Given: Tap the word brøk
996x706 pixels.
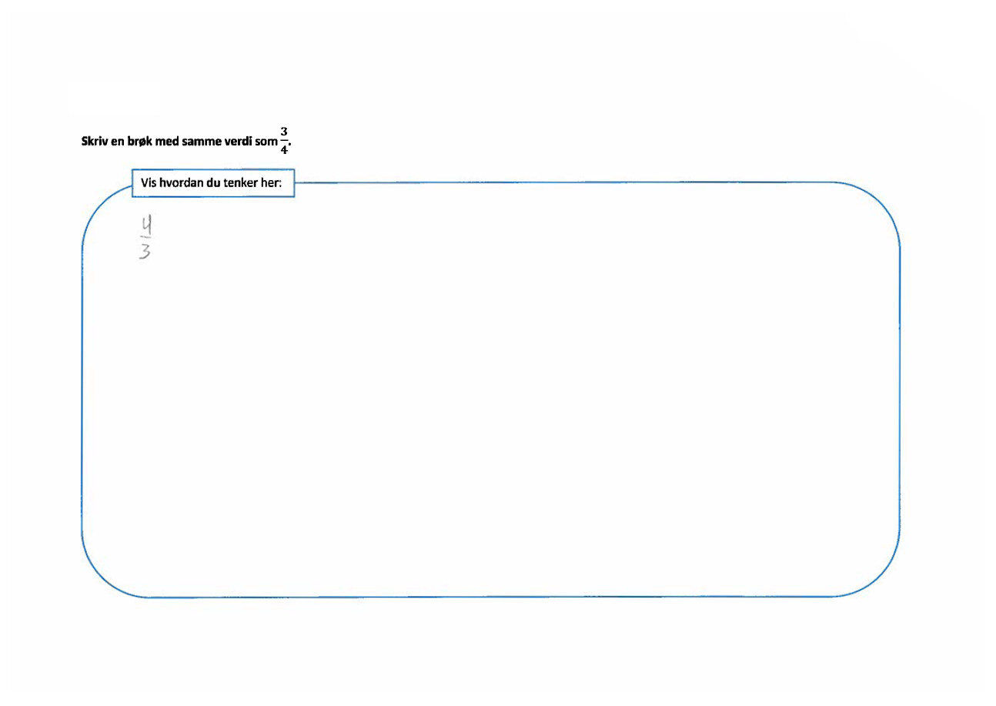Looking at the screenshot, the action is click(139, 141).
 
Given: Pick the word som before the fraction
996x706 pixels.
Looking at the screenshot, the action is click(266, 142).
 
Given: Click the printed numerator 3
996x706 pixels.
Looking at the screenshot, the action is click(284, 132).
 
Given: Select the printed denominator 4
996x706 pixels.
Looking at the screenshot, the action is click(284, 149).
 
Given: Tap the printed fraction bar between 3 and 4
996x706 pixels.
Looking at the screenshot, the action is click(284, 141).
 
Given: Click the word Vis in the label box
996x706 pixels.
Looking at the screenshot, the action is click(149, 182).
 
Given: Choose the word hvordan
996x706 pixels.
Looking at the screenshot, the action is click(181, 182).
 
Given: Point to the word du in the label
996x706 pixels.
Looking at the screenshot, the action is click(213, 182).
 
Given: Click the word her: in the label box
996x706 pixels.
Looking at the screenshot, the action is click(271, 182).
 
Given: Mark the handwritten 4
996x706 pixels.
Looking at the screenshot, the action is click(147, 224).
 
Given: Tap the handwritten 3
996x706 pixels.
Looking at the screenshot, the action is click(145, 251).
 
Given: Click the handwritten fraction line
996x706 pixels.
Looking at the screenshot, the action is click(145, 236).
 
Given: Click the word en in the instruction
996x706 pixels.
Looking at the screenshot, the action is click(118, 142).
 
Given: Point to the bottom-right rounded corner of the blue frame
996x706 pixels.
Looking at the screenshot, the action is click(881, 577).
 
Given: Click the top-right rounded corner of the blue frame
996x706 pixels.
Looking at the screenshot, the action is click(881, 202).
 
